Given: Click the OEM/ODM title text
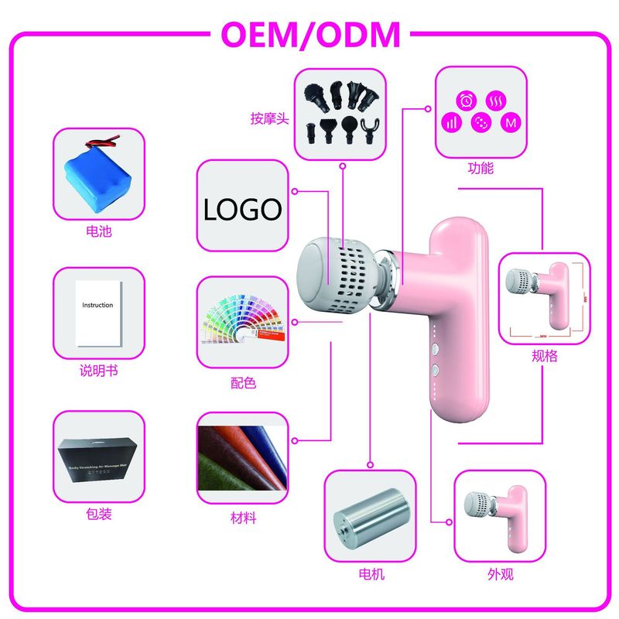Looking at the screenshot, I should coord(310,35).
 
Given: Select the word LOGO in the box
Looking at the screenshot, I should coord(241,208).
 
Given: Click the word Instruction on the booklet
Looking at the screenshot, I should coord(97,305).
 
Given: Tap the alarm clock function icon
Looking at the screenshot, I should coord(468,100).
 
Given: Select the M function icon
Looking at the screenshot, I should coord(510,122).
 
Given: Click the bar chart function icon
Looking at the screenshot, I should coord(451,121).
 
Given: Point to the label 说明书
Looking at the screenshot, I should coord(97,371).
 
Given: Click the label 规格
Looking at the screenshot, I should coord(545,356).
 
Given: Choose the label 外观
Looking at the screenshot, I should coord(501,575).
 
